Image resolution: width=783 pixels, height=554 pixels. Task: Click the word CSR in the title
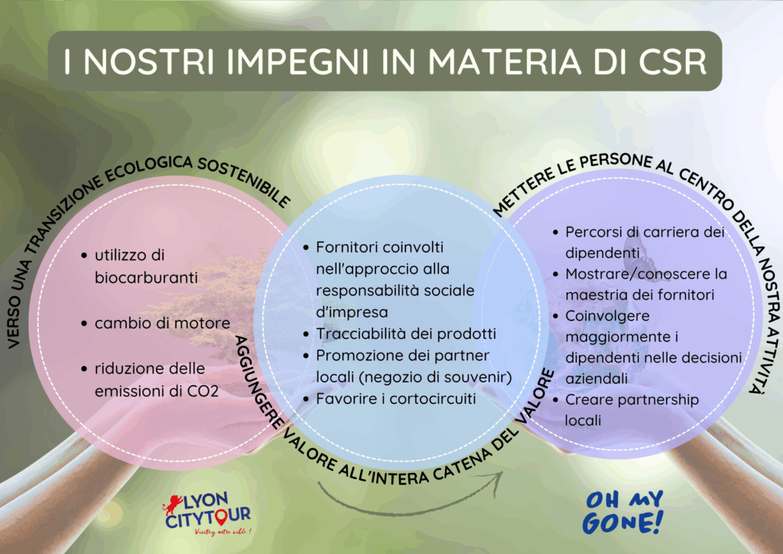pos(673,62)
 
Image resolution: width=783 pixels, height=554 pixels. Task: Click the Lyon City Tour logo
pos(206,514)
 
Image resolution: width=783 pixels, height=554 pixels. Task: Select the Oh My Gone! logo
pos(622,513)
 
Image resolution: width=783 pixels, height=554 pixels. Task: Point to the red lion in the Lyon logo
pos(171,503)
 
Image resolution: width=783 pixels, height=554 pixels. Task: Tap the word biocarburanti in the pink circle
pos(146,278)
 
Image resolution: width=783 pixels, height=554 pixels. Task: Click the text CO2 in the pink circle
pos(203,391)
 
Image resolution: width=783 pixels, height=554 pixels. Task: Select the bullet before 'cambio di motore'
pos(84,324)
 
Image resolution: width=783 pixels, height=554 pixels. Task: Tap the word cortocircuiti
pos(433,399)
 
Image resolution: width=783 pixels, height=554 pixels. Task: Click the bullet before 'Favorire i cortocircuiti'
pos(306,399)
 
